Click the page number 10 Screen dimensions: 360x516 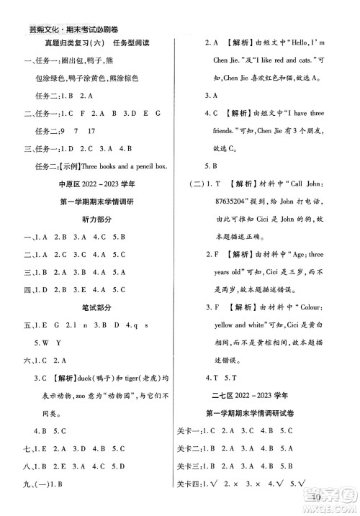pos(319,497)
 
